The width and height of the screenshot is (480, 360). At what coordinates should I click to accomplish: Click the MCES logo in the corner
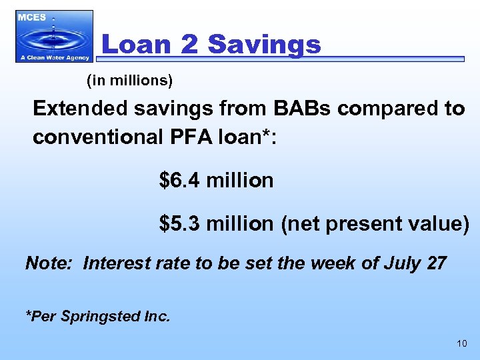(55, 36)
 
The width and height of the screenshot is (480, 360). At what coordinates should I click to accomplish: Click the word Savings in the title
(264, 45)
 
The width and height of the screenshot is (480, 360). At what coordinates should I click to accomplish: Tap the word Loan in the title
(135, 45)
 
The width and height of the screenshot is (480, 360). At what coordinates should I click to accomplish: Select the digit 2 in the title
(189, 45)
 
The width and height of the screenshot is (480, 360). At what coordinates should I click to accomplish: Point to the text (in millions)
(129, 81)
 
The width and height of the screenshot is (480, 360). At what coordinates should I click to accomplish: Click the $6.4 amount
(181, 180)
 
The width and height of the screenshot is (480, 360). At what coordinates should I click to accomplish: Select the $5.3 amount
(181, 224)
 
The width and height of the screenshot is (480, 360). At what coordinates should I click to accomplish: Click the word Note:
(51, 263)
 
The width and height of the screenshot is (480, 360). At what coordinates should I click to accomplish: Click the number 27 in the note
(435, 263)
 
